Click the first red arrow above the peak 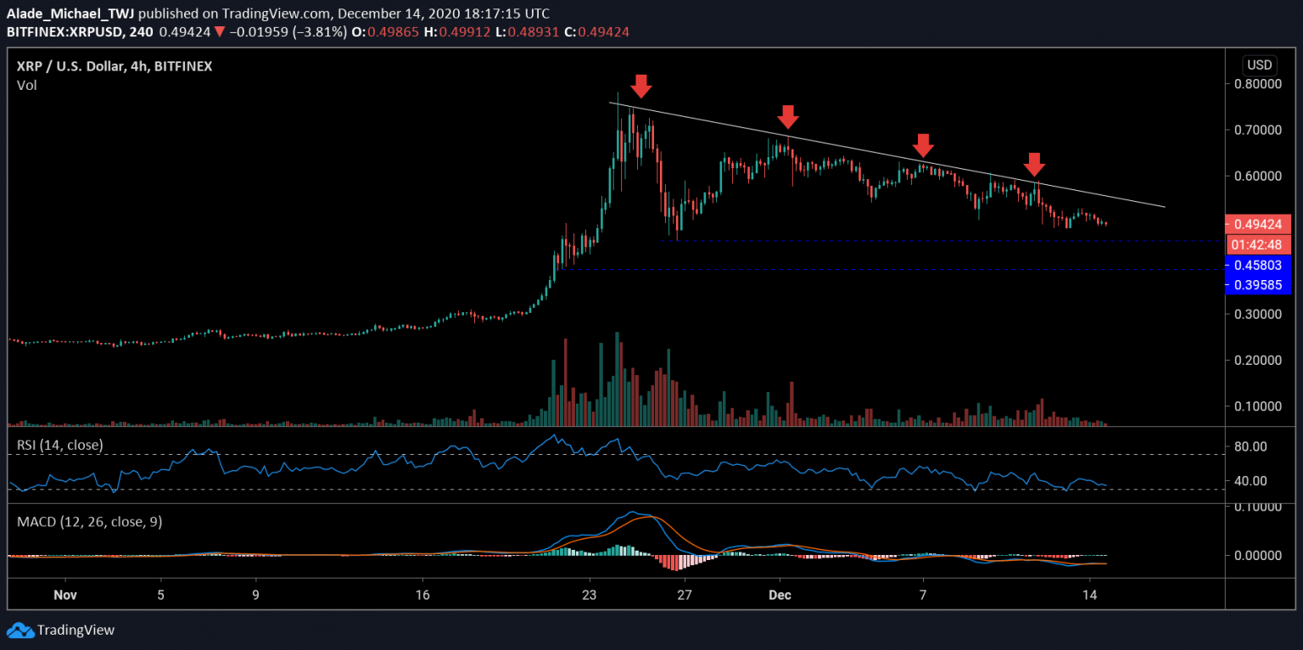pos(641,85)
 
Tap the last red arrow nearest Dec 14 pos(1033,164)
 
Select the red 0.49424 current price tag pos(1259,225)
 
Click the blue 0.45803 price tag pos(1259,265)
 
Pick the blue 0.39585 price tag pos(1259,284)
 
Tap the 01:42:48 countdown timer pos(1259,244)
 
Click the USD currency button pos(1259,65)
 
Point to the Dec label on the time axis pos(780,595)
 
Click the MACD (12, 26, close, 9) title pos(90,521)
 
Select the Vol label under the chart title pos(27,85)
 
